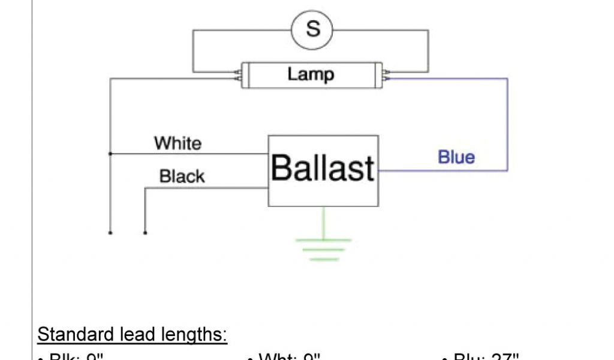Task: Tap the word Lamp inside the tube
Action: coord(311,74)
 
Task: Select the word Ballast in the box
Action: coord(323,168)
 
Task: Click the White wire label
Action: coord(178,143)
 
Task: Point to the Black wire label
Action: coord(182,176)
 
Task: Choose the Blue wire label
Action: coord(456,157)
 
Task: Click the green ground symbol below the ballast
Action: coord(323,248)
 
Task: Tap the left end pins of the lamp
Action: coord(238,75)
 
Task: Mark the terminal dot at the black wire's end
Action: coord(145,233)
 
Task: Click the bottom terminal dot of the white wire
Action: coord(110,233)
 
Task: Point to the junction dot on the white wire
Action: coord(110,154)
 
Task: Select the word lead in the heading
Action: coord(137,334)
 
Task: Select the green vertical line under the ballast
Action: coord(323,222)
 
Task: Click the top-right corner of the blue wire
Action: coord(507,79)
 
